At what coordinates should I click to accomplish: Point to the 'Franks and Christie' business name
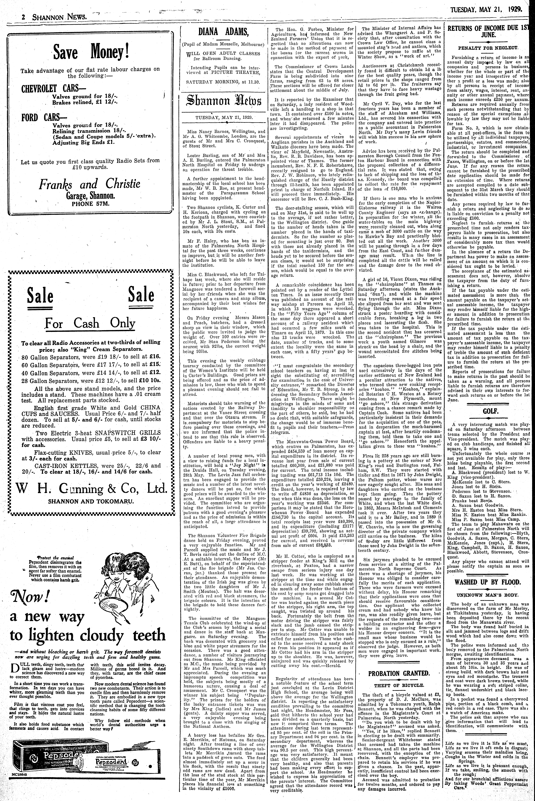[x=89, y=185]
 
